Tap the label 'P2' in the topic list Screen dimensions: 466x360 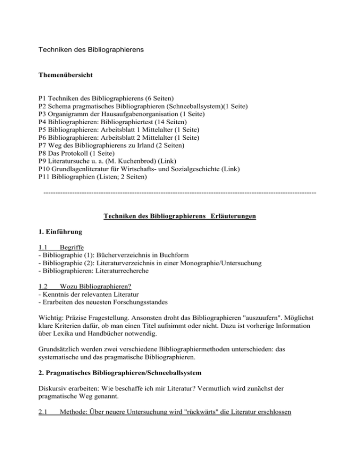(43, 106)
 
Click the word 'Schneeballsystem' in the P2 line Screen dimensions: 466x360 (186, 106)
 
